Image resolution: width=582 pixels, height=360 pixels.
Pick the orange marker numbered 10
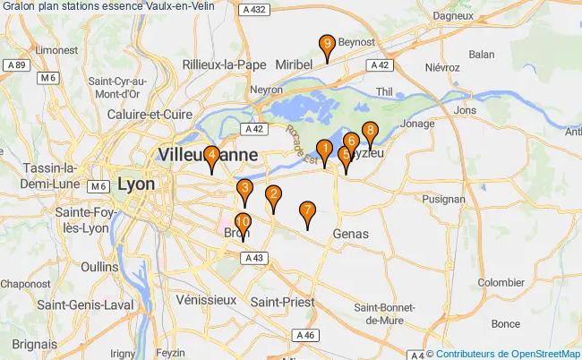[243, 224]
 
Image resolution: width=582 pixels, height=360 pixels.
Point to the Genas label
[350, 233]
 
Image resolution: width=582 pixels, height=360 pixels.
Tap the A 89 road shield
[14, 65]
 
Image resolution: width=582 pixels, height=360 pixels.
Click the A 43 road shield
[252, 258]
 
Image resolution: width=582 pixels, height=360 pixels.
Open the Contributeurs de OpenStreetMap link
[509, 353]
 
